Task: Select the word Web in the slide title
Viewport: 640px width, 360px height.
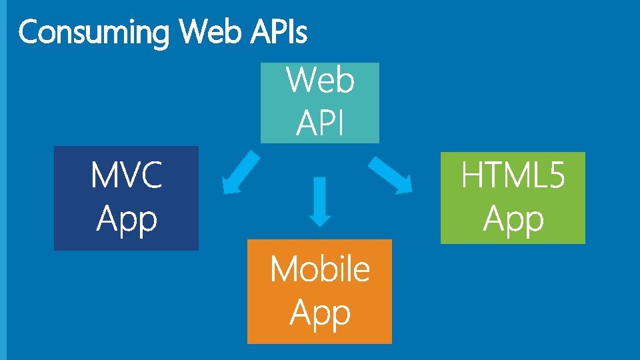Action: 207,31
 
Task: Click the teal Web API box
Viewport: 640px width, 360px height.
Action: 319,102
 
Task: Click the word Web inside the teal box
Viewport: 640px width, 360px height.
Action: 320,81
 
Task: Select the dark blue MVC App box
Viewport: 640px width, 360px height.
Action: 126,198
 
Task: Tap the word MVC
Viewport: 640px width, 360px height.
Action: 126,177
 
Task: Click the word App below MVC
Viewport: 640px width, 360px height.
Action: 126,219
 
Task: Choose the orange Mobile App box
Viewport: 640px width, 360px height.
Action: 319,291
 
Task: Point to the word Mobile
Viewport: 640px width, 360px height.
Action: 319,269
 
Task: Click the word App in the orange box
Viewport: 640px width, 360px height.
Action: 320,313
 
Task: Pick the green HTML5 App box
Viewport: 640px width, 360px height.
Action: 513,198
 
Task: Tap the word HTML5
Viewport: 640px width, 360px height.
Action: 513,177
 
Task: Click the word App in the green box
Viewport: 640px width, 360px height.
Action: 513,219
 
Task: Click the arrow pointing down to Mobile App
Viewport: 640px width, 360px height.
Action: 320,200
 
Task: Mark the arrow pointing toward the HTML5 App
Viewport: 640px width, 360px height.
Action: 391,175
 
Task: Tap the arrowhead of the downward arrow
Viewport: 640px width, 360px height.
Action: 320,218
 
